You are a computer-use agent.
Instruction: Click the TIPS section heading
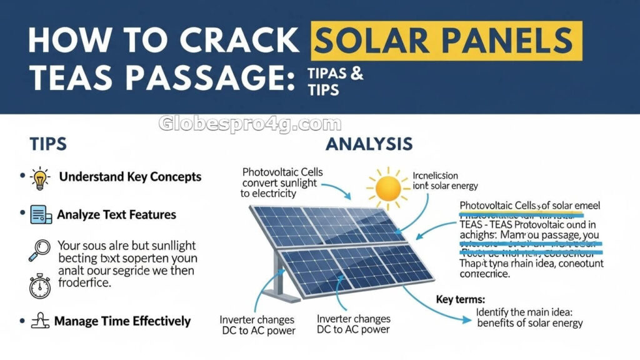tap(48, 144)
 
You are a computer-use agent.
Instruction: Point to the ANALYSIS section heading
tap(369, 144)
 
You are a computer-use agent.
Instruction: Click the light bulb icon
tap(39, 177)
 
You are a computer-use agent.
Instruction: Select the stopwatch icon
tap(39, 286)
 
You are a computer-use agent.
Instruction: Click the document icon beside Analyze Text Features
tap(41, 215)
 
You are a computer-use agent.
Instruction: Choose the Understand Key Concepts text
tap(130, 177)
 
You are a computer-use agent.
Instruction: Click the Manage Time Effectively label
tap(122, 321)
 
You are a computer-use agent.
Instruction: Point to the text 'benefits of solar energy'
tap(529, 323)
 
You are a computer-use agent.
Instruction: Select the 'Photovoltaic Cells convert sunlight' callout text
tap(279, 177)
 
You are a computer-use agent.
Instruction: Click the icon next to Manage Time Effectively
tap(39, 321)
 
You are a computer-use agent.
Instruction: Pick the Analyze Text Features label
tap(116, 214)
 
